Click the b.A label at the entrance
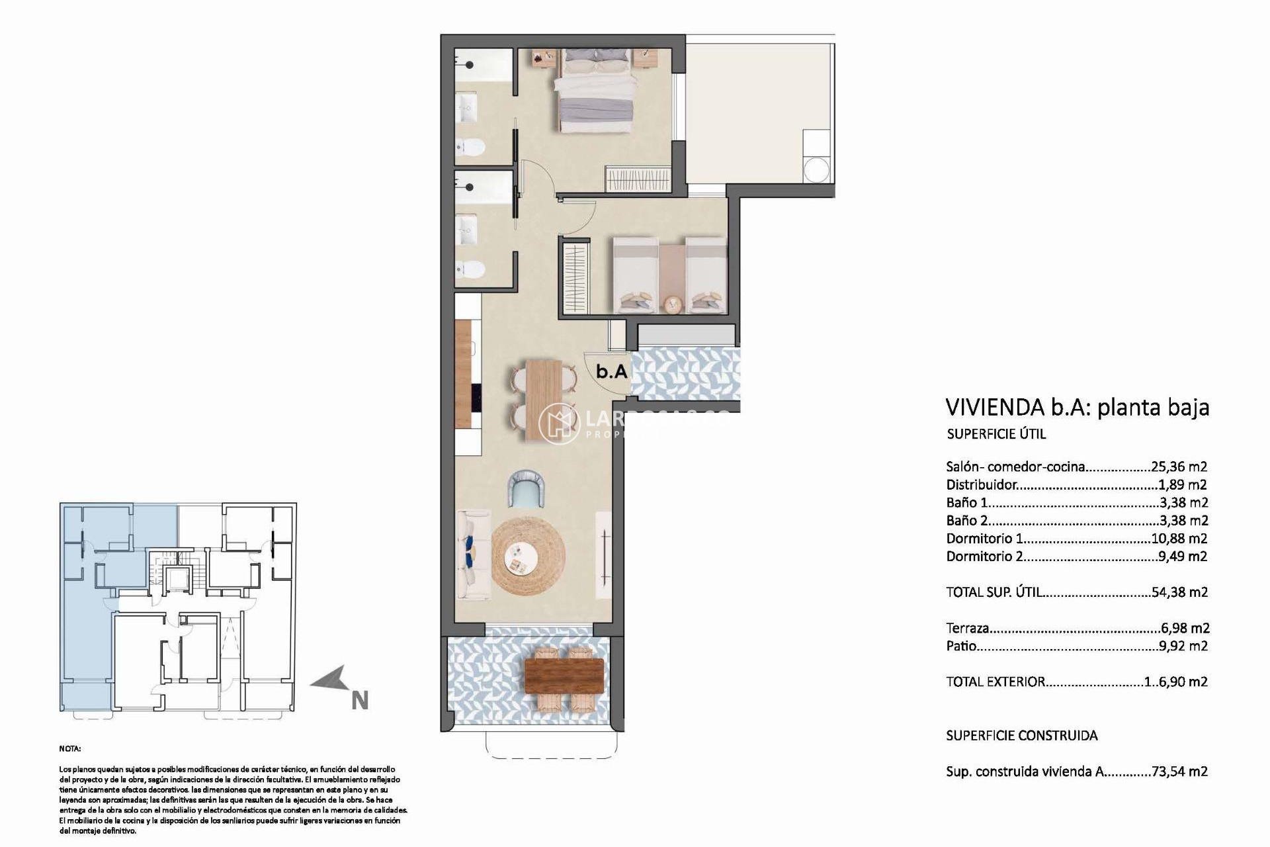click(x=611, y=371)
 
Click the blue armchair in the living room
click(x=528, y=488)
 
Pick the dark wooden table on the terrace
click(x=564, y=676)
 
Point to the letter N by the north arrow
click(x=359, y=701)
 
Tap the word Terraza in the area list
click(x=967, y=628)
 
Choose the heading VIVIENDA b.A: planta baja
click(x=1077, y=407)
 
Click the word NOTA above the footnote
click(x=69, y=749)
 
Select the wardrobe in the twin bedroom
click(x=575, y=279)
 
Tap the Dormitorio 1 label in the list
click(x=979, y=539)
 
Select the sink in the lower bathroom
click(x=468, y=228)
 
